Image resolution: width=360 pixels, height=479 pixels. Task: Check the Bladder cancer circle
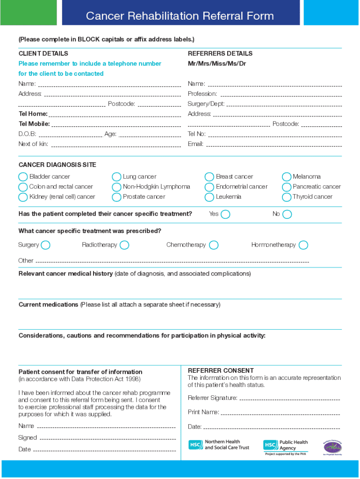[x=23, y=177]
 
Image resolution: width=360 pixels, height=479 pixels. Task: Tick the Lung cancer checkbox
[x=116, y=177]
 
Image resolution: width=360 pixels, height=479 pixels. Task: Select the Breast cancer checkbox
[x=209, y=177]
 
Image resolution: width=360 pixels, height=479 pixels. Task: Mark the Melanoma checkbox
[x=287, y=177]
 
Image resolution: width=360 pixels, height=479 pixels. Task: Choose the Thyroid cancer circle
[x=287, y=197]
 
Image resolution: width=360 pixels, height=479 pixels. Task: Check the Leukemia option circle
[x=209, y=197]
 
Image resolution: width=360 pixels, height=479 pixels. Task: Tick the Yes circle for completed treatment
[x=225, y=214]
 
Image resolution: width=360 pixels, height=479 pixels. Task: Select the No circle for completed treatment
[x=287, y=214]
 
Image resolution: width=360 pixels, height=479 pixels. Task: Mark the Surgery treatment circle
[x=46, y=245]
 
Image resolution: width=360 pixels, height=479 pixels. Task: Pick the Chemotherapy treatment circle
[x=214, y=245]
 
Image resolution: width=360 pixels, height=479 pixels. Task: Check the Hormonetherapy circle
[x=303, y=245]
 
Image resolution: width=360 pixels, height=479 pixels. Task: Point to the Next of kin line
[x=115, y=146]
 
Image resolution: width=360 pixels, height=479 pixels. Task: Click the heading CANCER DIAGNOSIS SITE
[x=58, y=165]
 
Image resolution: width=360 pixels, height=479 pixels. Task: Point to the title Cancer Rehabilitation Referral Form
[x=180, y=16]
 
